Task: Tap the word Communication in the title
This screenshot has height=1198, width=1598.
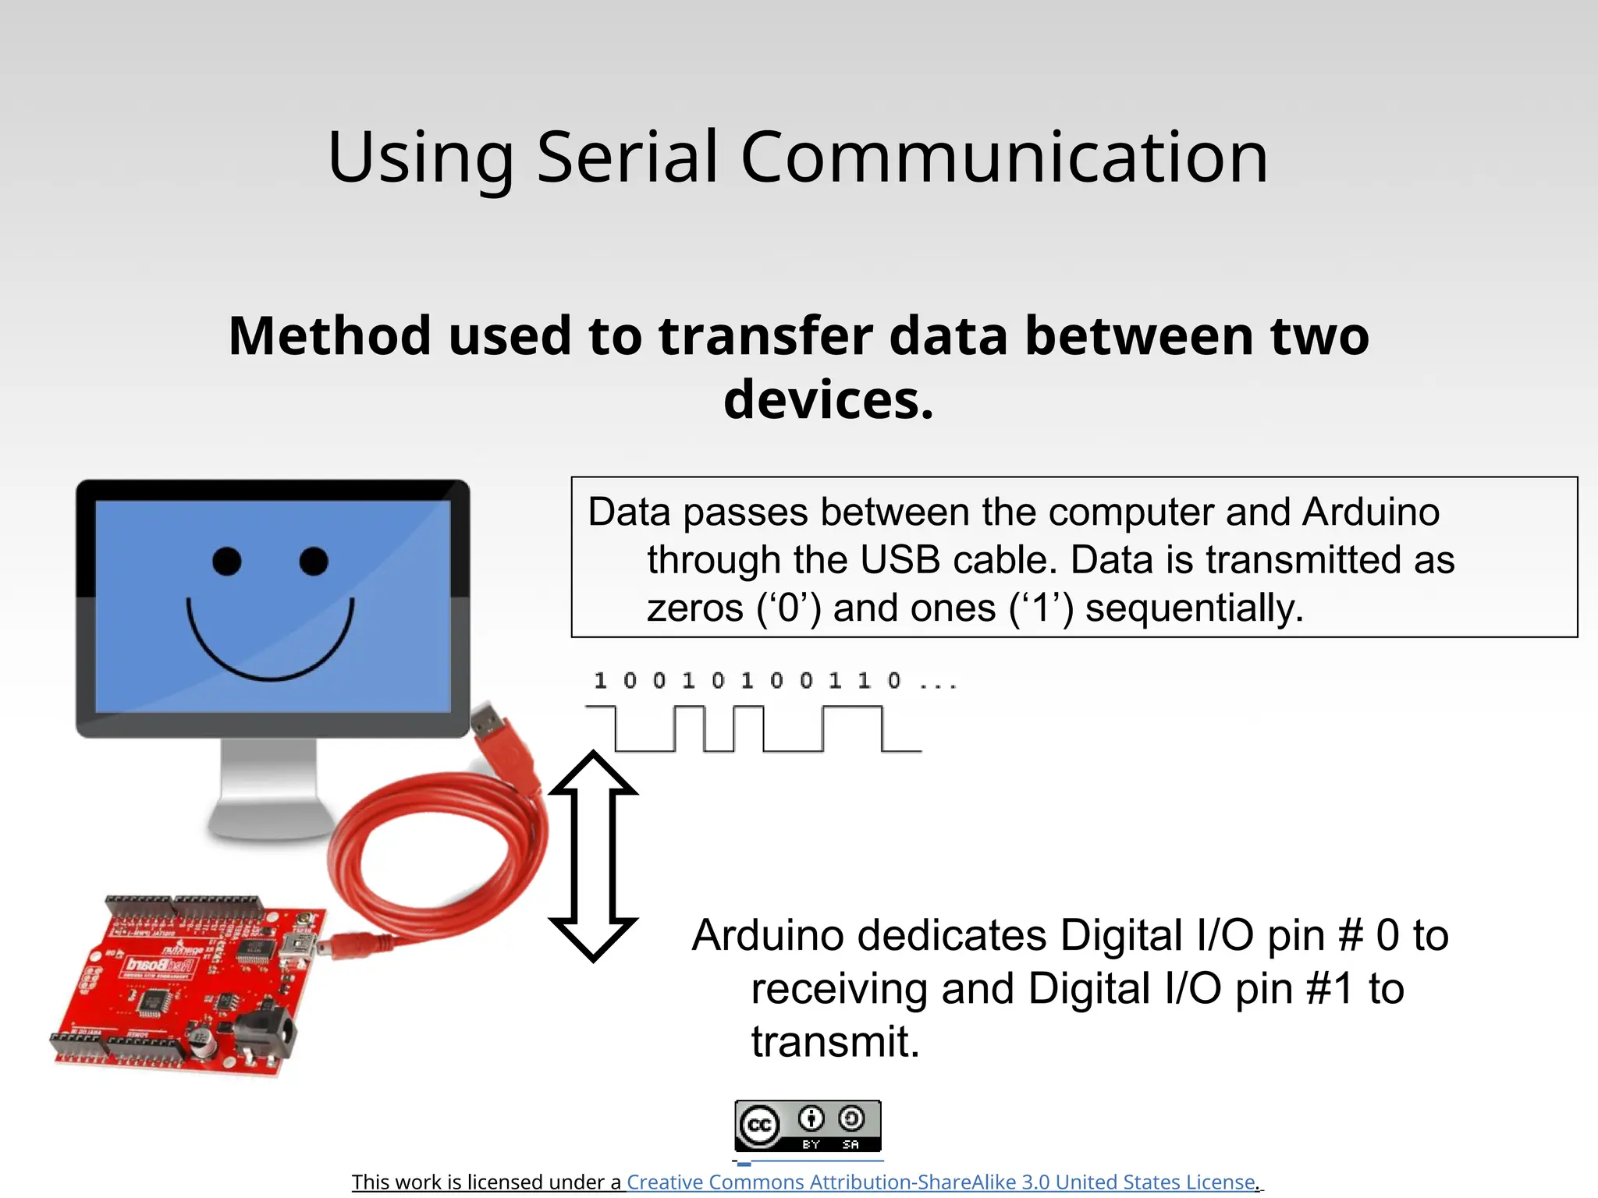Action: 1004,158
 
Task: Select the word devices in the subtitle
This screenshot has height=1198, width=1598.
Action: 828,399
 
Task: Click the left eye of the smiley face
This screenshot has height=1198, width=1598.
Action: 227,561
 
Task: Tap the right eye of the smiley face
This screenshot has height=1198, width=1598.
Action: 314,561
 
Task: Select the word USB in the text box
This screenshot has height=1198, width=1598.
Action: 899,560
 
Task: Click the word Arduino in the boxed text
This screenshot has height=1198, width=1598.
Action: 1370,512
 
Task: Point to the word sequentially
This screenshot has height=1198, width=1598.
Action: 1194,608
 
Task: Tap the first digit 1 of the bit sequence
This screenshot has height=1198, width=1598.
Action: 600,681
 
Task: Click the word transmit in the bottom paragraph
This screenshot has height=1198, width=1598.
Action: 835,1042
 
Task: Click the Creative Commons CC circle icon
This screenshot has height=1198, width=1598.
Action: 759,1125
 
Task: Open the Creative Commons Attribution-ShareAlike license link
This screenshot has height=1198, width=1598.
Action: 942,1182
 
